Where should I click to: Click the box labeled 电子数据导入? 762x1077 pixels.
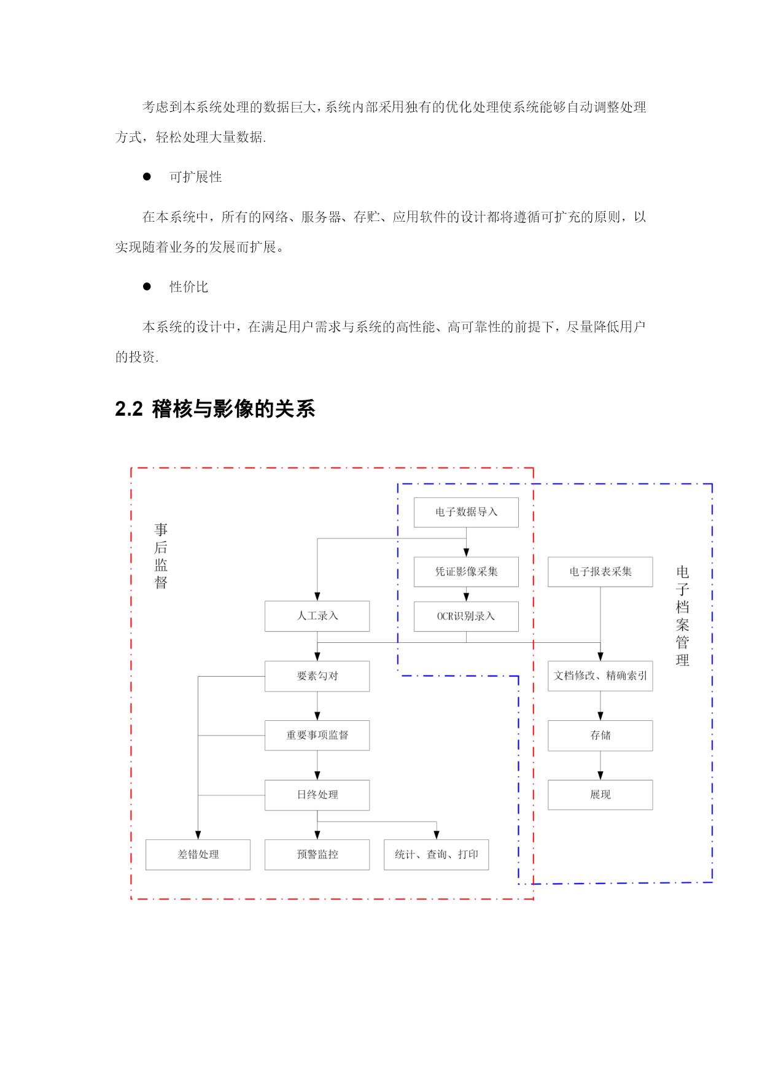point(466,512)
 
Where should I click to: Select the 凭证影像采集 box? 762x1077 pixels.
point(466,572)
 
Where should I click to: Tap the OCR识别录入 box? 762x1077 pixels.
point(466,616)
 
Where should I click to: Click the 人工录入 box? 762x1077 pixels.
point(317,616)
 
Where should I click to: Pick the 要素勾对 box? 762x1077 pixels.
point(317,676)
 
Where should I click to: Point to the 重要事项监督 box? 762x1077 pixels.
point(317,736)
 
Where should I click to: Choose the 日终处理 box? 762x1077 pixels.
point(317,795)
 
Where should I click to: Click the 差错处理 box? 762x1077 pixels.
point(198,855)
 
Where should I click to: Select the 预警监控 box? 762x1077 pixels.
point(317,855)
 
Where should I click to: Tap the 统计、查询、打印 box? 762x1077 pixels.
point(437,855)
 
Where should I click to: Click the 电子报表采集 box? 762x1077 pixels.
point(601,572)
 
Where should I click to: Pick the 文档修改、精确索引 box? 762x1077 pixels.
point(601,676)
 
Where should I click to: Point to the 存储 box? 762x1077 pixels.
point(601,736)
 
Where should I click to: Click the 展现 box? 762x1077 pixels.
point(601,795)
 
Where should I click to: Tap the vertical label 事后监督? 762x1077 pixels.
point(161,556)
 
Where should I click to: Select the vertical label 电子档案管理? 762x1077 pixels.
point(682,616)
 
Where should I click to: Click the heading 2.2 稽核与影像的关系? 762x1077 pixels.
point(216,409)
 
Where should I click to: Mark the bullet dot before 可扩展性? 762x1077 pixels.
point(147,177)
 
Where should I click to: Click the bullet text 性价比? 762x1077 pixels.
point(189,287)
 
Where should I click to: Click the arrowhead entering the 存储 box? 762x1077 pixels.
point(601,716)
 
